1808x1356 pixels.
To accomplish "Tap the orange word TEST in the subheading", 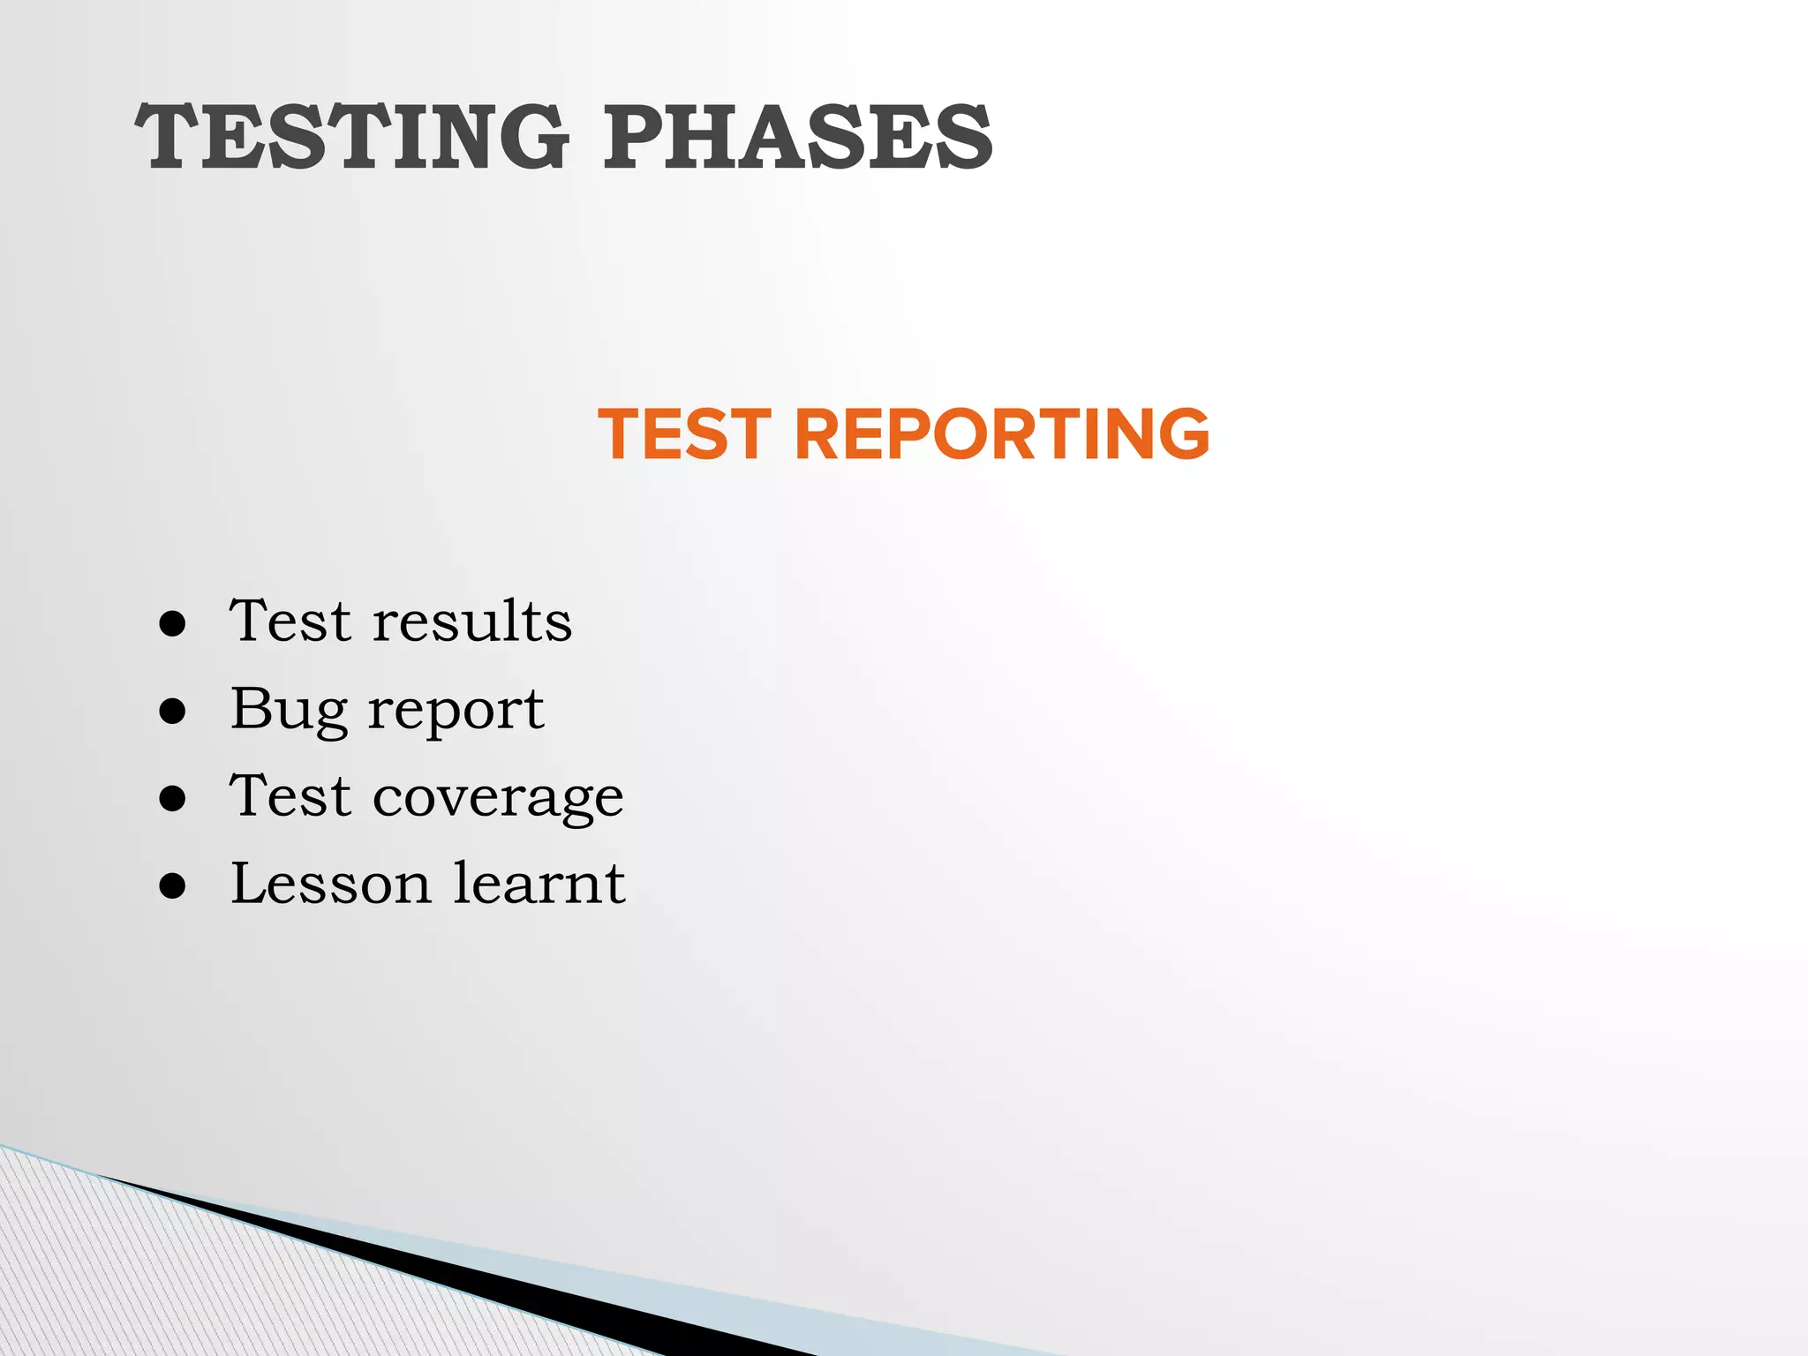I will tap(685, 434).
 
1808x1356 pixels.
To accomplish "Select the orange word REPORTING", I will tap(1001, 434).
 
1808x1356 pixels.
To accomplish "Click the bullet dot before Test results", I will tap(173, 624).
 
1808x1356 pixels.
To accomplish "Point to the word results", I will tap(472, 621).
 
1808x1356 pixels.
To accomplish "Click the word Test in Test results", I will tap(290, 621).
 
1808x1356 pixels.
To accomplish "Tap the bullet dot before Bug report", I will tap(173, 712).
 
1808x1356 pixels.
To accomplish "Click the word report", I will tap(456, 712).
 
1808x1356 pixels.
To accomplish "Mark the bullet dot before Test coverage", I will tap(173, 799).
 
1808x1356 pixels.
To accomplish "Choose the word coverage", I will tap(498, 799).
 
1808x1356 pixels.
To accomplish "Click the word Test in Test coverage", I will tap(290, 796).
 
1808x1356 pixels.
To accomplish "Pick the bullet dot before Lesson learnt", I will tap(173, 886).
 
